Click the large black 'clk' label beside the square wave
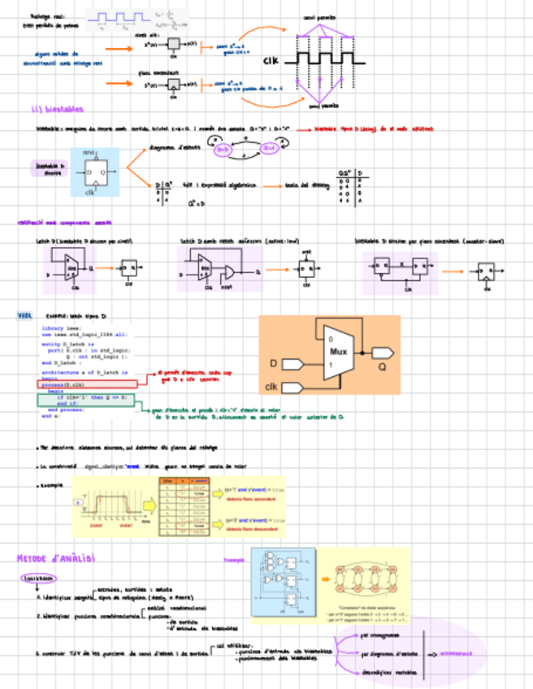point(271,61)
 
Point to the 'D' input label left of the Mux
point(273,362)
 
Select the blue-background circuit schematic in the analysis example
point(280,581)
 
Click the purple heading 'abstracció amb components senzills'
point(65,222)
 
